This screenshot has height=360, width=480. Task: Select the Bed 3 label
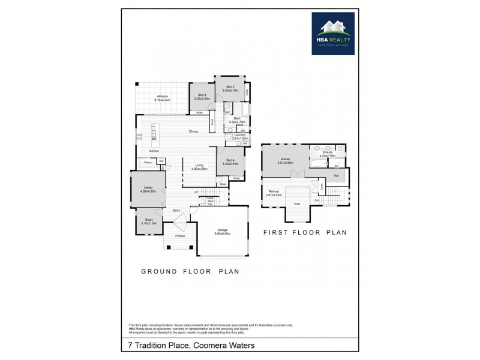tap(201, 95)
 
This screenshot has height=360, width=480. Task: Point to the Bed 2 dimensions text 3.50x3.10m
tap(230, 91)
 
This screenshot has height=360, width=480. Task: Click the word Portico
tap(179, 236)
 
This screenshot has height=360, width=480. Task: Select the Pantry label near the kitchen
tap(148, 162)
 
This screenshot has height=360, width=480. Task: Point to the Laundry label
tap(239, 136)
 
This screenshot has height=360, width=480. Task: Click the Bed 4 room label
tap(230, 160)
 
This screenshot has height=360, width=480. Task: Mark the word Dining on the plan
tap(193, 131)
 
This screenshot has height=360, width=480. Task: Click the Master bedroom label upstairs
tap(285, 159)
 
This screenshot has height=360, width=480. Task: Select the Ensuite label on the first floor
tap(327, 152)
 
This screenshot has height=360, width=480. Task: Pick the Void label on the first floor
tap(296, 203)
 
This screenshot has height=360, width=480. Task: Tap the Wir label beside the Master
tap(336, 175)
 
